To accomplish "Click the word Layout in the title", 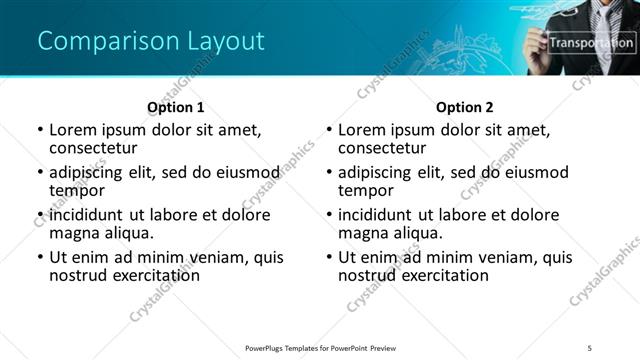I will (226, 41).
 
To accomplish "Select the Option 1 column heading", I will (175, 107).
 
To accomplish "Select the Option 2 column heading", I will (464, 107).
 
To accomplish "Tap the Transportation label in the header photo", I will (591, 43).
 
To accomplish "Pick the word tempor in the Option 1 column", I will (77, 190).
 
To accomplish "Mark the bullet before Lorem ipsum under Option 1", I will (40, 130).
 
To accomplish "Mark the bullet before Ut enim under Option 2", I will (329, 257).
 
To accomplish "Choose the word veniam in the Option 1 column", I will (197, 257).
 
